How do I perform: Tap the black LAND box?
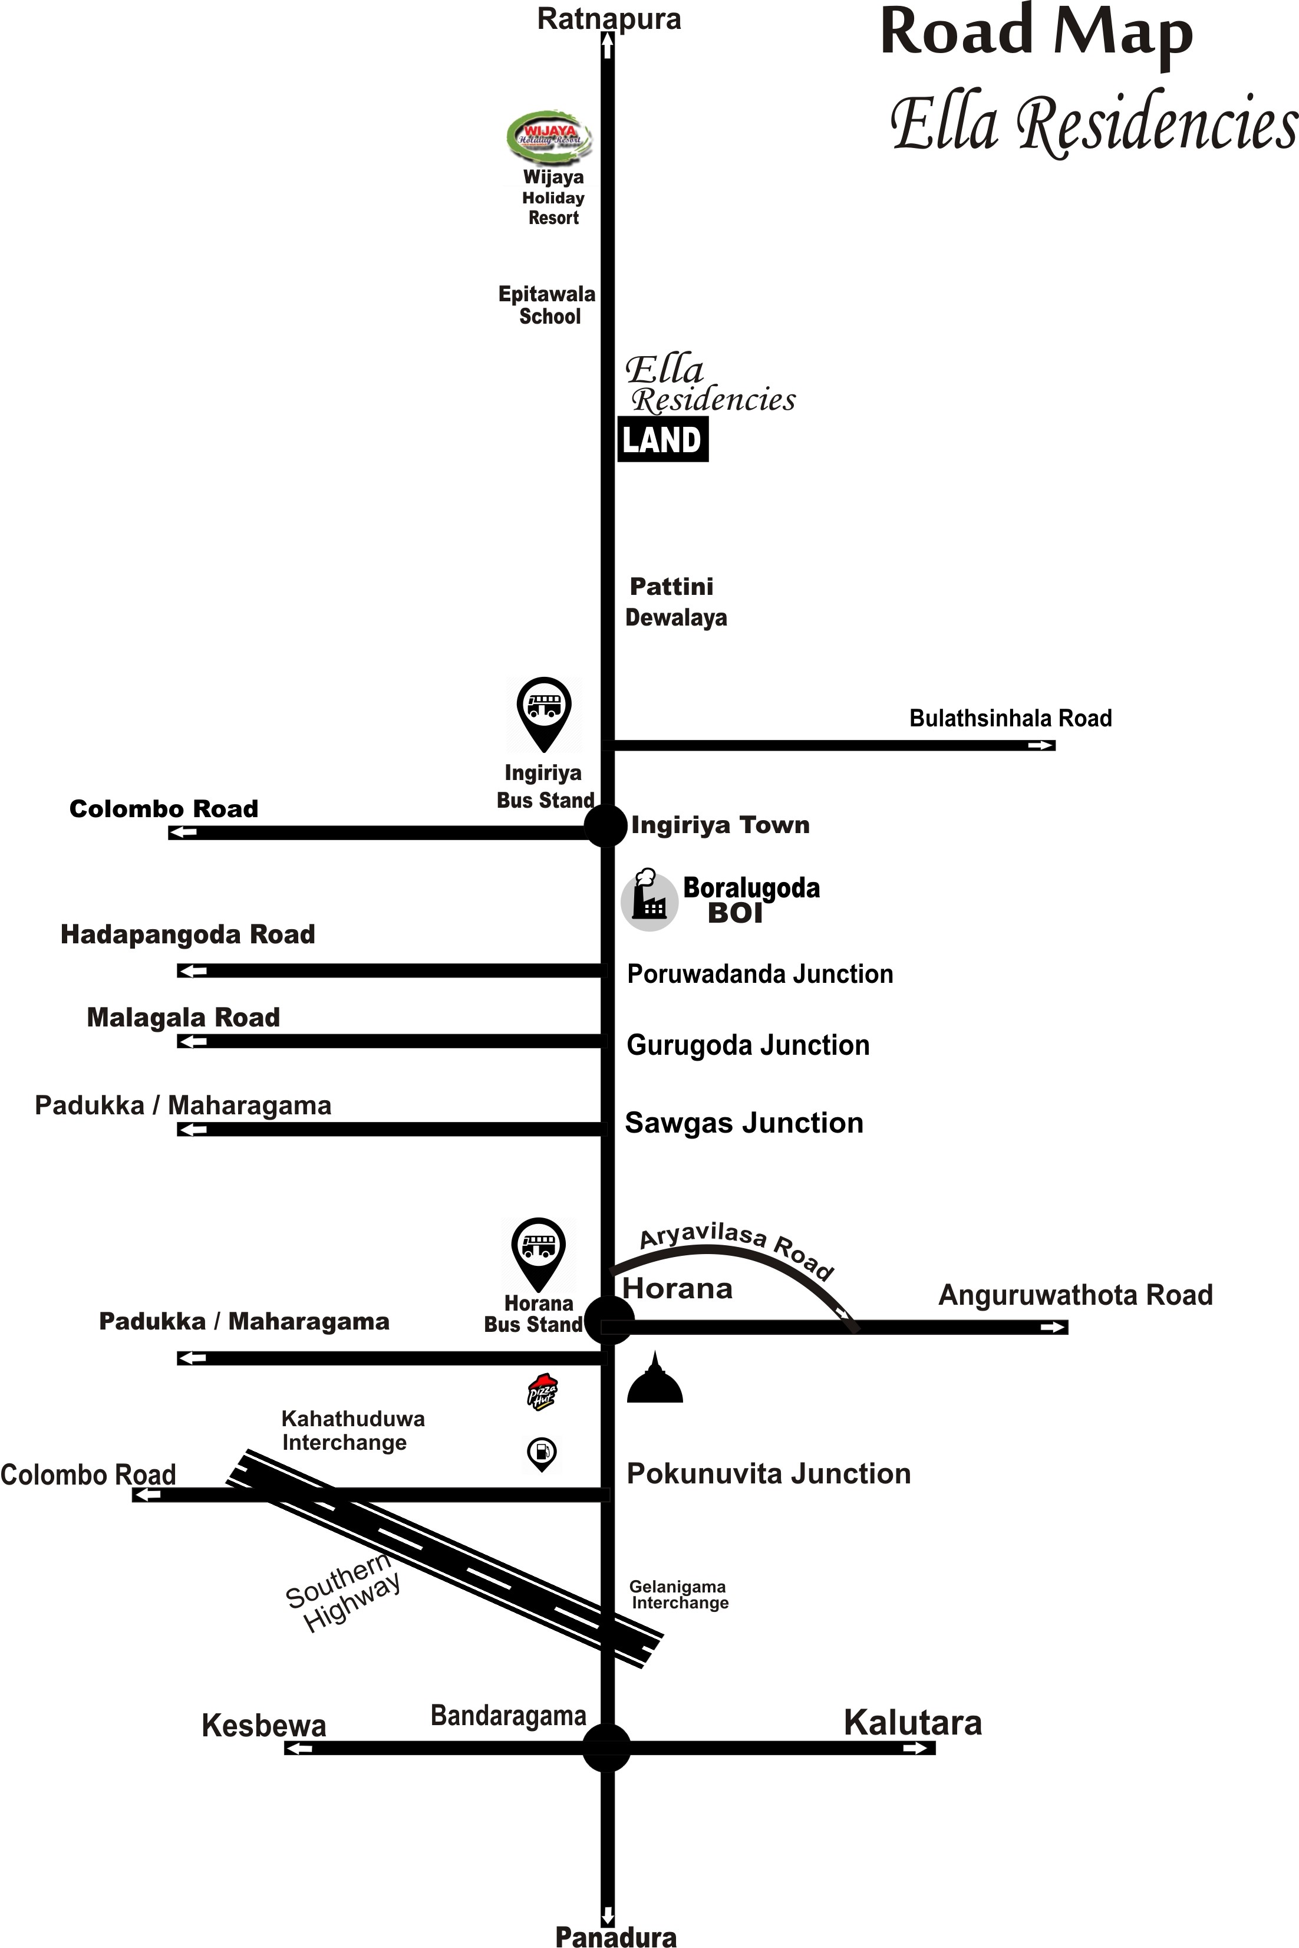(662, 439)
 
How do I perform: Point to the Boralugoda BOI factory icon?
(649, 900)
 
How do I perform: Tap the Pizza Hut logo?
(543, 1391)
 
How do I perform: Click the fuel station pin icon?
(542, 1453)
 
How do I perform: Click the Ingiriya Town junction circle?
(606, 825)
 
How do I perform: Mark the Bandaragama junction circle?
(606, 1748)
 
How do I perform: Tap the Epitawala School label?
(547, 305)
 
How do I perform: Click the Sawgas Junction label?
(744, 1123)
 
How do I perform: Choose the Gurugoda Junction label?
(748, 1045)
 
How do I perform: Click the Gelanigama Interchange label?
(678, 1594)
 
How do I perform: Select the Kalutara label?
(913, 1723)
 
